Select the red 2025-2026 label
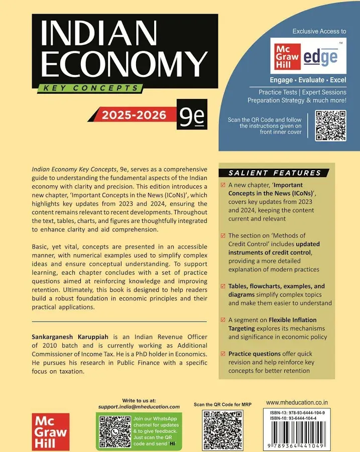(134, 115)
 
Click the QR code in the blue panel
(330, 126)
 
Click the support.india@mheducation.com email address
(139, 406)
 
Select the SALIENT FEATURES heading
(275, 173)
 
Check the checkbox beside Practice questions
(223, 354)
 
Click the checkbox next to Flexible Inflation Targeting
(223, 320)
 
